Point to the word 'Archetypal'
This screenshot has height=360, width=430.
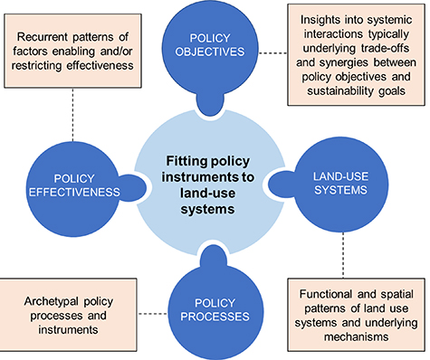(55, 298)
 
